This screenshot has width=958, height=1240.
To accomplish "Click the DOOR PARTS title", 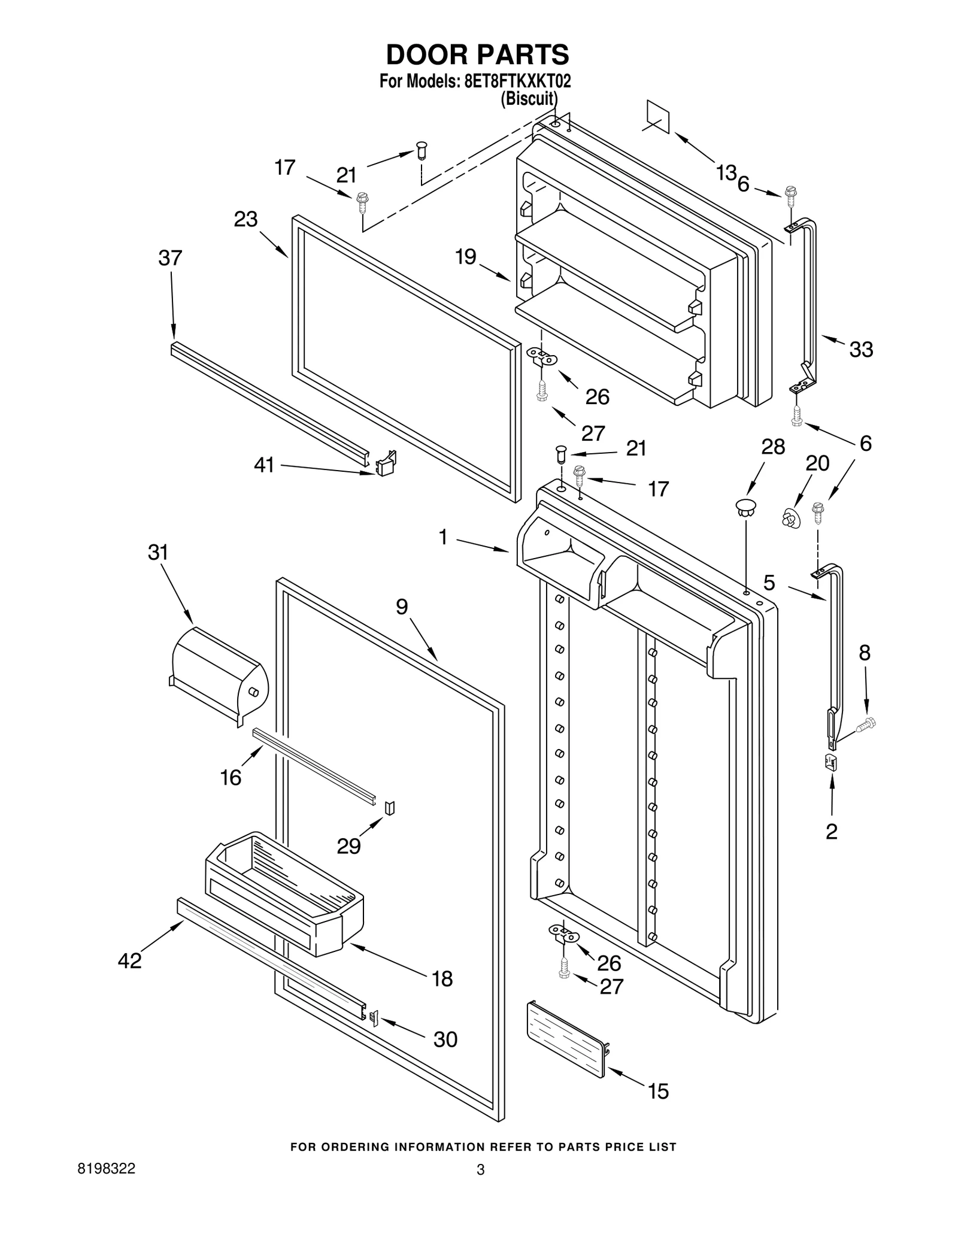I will click(477, 54).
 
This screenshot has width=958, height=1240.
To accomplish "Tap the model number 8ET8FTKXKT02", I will click(517, 81).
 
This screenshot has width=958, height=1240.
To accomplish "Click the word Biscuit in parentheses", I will click(529, 98).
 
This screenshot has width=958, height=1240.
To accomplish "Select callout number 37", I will click(170, 258).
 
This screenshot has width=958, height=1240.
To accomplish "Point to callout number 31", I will click(158, 552).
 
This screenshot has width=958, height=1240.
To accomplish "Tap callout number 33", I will click(861, 349).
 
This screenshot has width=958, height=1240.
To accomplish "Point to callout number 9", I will click(402, 607).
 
